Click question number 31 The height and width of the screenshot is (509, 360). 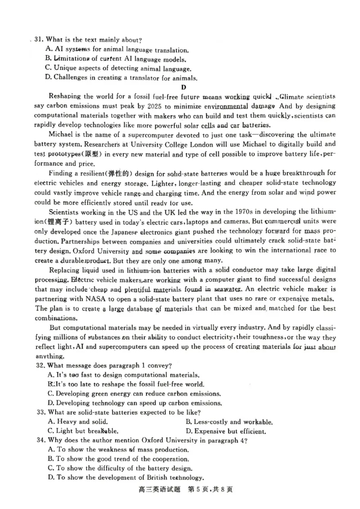39,40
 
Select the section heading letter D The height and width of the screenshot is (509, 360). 184,87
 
